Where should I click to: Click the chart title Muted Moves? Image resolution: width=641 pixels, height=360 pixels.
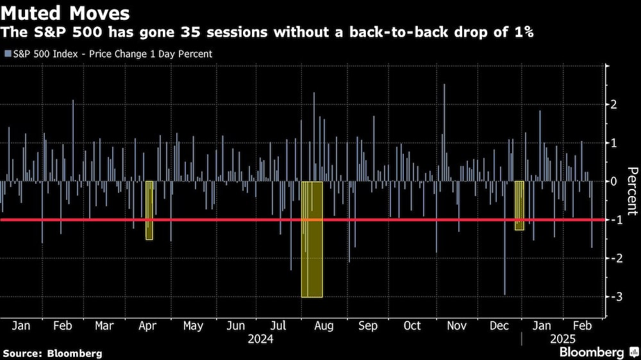coord(66,13)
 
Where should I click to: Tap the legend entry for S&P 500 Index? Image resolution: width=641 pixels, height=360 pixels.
coord(108,54)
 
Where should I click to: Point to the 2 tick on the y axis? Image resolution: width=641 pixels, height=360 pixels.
coord(614,104)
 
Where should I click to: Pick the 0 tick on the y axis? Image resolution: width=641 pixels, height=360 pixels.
coord(614,181)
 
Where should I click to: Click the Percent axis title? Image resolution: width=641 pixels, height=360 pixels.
coord(631,190)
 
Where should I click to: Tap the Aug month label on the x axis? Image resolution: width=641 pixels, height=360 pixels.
coord(324,325)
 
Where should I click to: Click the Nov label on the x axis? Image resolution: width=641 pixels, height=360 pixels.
coord(456,325)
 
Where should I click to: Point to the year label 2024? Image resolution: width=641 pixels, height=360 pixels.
coord(261,339)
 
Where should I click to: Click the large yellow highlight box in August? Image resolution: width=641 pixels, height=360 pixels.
coord(312,240)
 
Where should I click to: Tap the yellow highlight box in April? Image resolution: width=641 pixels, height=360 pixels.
coord(149,210)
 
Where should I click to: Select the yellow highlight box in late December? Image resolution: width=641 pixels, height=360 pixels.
coord(519,205)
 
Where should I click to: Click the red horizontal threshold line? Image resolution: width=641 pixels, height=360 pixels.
coord(385,220)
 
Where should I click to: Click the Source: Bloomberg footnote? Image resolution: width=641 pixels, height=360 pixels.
coord(52,353)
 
